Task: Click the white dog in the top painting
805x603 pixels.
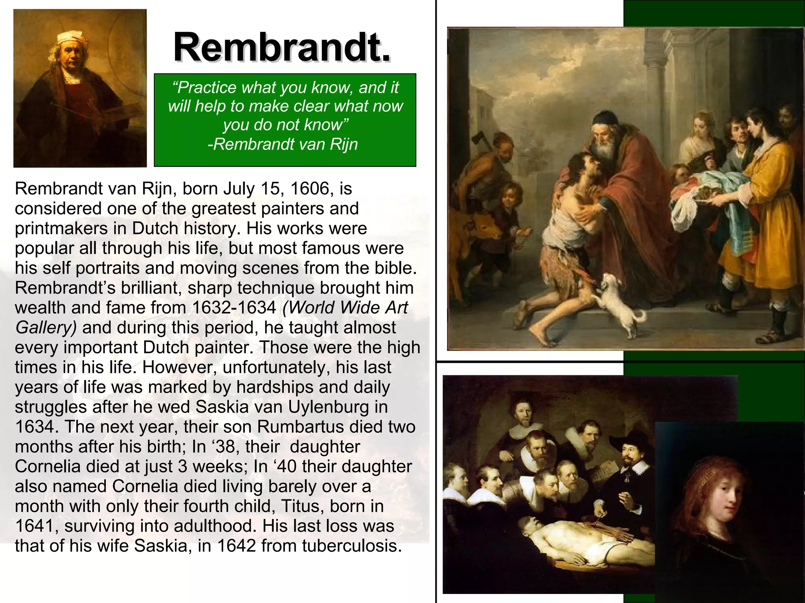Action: tap(615, 303)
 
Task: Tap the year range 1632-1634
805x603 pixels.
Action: tap(234, 308)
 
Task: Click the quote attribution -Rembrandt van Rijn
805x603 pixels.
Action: tap(283, 144)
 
